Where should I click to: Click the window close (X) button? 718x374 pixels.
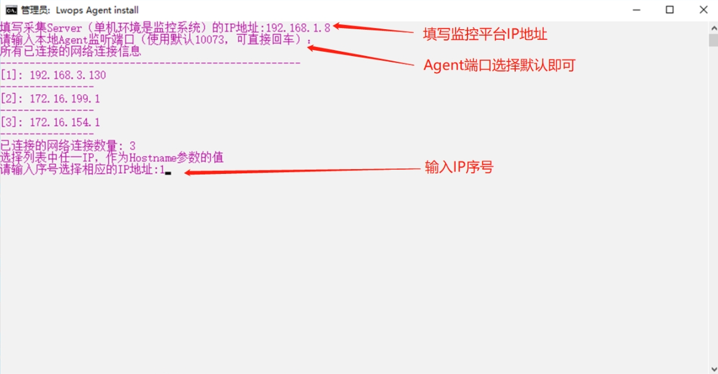(x=703, y=10)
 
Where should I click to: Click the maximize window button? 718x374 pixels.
(x=670, y=10)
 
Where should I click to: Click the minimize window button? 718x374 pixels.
(x=636, y=10)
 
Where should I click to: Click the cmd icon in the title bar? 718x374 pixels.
(x=11, y=10)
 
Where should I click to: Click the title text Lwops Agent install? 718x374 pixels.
(x=97, y=10)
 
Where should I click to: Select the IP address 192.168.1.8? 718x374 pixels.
(x=298, y=28)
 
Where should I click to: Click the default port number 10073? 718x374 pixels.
(x=210, y=40)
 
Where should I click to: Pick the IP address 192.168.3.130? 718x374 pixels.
(x=67, y=75)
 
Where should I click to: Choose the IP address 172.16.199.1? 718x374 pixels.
(x=65, y=99)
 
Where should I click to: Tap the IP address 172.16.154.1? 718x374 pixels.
(x=65, y=122)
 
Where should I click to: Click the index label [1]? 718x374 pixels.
(x=9, y=75)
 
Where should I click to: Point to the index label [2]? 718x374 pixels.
(x=9, y=99)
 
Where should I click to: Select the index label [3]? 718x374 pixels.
(x=9, y=122)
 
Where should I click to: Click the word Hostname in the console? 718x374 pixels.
(x=153, y=158)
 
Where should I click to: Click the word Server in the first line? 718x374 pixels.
(x=64, y=28)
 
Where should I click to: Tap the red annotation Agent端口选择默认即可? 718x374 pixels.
(x=499, y=66)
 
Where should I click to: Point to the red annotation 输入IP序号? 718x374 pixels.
(x=459, y=167)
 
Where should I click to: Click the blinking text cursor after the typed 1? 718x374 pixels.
(x=168, y=173)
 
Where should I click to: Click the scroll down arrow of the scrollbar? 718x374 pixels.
(x=713, y=369)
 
